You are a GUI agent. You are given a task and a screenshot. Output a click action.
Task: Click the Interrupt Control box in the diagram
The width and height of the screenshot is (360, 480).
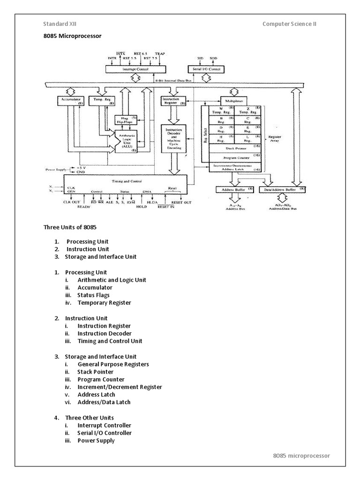point(135,69)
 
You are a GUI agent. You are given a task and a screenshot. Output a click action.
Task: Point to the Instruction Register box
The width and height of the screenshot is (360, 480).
point(173,101)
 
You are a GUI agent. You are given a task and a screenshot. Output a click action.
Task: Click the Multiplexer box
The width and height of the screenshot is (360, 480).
point(236,101)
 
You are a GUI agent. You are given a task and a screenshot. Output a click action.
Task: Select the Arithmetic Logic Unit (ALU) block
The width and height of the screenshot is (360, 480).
point(127,140)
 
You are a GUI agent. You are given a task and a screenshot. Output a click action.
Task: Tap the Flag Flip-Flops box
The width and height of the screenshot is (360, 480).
point(125,120)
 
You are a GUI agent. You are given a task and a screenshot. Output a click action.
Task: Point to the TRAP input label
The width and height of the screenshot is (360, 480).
point(160,53)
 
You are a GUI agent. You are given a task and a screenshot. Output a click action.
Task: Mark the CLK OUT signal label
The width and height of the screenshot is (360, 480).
point(72,202)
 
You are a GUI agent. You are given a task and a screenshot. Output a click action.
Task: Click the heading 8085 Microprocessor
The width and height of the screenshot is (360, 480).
point(72,36)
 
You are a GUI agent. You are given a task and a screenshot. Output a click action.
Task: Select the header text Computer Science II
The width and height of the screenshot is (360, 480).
point(289,24)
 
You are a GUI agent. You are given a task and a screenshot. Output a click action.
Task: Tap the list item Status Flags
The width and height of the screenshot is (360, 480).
point(93,295)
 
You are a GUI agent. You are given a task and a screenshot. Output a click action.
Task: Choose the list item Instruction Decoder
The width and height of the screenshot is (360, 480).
point(104,333)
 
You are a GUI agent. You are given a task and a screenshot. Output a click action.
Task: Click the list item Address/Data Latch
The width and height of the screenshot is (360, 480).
point(104,402)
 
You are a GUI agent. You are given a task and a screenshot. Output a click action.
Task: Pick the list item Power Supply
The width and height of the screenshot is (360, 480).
point(96,440)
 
